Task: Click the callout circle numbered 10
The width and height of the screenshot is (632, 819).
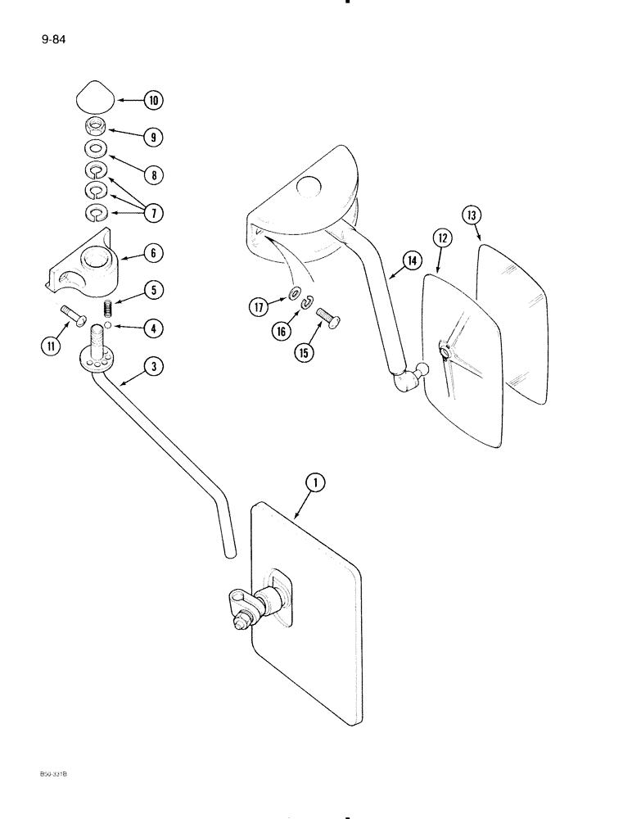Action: pyautogui.click(x=152, y=101)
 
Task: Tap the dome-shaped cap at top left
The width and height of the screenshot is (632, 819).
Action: pyautogui.click(x=95, y=99)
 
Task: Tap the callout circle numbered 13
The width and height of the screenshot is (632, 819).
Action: pyautogui.click(x=472, y=215)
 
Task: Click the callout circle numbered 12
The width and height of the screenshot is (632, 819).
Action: pyautogui.click(x=442, y=238)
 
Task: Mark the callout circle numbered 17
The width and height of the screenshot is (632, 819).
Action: pyautogui.click(x=260, y=307)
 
